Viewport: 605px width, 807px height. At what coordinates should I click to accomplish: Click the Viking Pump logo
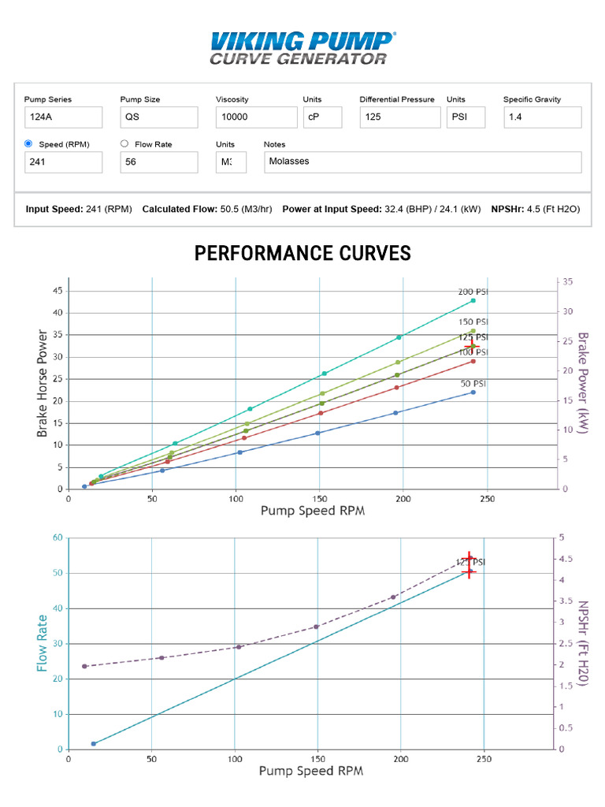pyautogui.click(x=302, y=47)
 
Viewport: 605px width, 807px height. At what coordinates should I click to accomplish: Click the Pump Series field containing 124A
pyautogui.click(x=63, y=117)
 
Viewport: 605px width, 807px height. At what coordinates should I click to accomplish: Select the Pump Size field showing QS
pyautogui.click(x=158, y=117)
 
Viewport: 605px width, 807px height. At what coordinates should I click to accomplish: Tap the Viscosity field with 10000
pyautogui.click(x=254, y=117)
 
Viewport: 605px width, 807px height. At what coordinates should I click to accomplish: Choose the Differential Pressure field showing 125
pyautogui.click(x=399, y=117)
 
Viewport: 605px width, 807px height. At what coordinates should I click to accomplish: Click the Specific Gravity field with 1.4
pyautogui.click(x=542, y=117)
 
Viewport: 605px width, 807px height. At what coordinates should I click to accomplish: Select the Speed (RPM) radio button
pyautogui.click(x=28, y=144)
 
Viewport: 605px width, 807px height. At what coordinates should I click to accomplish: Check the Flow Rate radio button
pyautogui.click(x=124, y=144)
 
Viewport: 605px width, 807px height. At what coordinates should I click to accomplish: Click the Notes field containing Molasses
pyautogui.click(x=422, y=162)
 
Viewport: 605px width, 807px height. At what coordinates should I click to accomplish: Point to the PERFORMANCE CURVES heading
pyautogui.click(x=302, y=254)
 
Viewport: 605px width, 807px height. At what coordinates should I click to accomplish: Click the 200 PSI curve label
pyautogui.click(x=473, y=292)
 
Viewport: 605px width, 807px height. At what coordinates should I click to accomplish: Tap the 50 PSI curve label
pyautogui.click(x=473, y=384)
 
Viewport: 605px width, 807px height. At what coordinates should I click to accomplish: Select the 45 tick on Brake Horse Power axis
pyautogui.click(x=58, y=291)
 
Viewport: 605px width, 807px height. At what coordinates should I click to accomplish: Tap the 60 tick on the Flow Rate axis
pyautogui.click(x=58, y=538)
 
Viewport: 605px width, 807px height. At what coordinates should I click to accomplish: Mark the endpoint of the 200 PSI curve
pyautogui.click(x=473, y=300)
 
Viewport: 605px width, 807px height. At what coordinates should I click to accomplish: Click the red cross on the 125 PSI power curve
pyautogui.click(x=471, y=346)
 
